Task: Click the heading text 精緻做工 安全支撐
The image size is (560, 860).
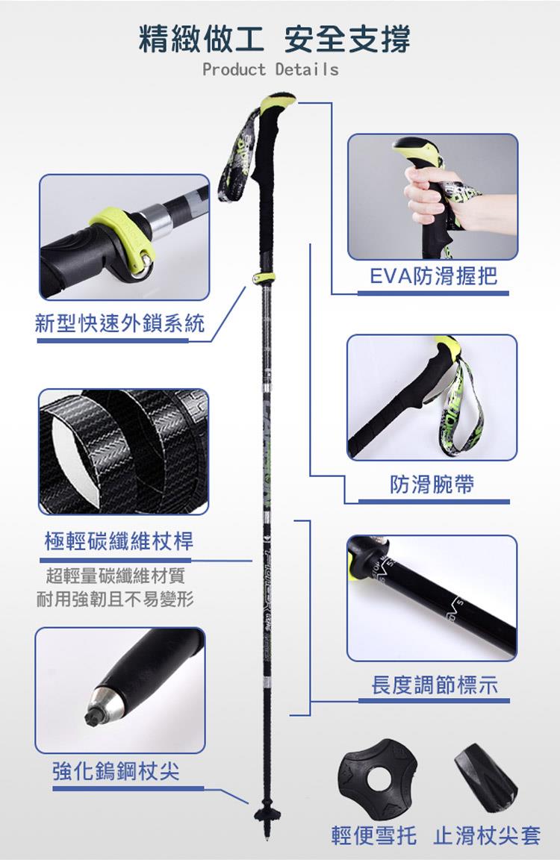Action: click(x=274, y=39)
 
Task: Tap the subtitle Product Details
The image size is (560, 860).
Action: click(x=270, y=69)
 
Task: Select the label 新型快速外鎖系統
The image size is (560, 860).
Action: click(x=119, y=323)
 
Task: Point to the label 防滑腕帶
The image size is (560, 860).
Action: click(x=432, y=484)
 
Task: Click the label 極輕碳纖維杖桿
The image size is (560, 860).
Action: click(x=119, y=541)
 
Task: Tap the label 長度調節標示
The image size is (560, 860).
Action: click(x=435, y=685)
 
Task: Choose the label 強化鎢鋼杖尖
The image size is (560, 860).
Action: click(x=116, y=771)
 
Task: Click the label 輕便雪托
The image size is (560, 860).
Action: click(x=373, y=835)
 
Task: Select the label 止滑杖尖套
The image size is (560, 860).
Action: click(x=487, y=835)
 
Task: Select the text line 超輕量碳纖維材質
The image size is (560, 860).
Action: click(x=116, y=576)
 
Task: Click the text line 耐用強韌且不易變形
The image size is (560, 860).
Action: click(x=115, y=599)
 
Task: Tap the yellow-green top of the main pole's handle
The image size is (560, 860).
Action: click(x=278, y=102)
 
